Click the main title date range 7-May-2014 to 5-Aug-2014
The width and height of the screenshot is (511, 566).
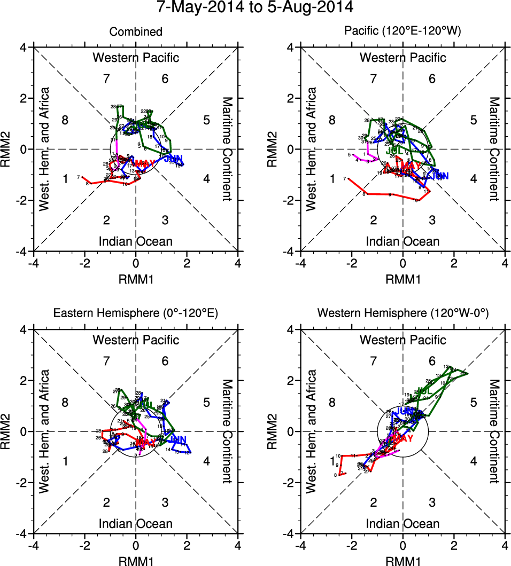point(255,8)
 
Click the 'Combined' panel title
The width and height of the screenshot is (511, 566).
point(136,32)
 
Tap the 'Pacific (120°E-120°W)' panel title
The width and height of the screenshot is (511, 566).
point(402,32)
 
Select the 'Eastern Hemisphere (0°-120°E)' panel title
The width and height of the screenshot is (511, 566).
point(136,314)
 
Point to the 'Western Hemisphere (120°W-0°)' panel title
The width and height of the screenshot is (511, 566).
point(402,314)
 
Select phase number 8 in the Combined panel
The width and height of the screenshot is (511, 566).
point(65,119)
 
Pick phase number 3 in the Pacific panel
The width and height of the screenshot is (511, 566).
point(432,220)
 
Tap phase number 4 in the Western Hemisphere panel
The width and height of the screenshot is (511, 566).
point(473,461)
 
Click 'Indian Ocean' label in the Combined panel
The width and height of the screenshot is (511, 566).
point(136,241)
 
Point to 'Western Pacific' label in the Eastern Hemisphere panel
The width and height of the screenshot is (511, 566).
point(136,340)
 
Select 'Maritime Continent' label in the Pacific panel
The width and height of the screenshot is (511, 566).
point(494,149)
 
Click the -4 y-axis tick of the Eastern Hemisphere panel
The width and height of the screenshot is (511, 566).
point(24,533)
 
